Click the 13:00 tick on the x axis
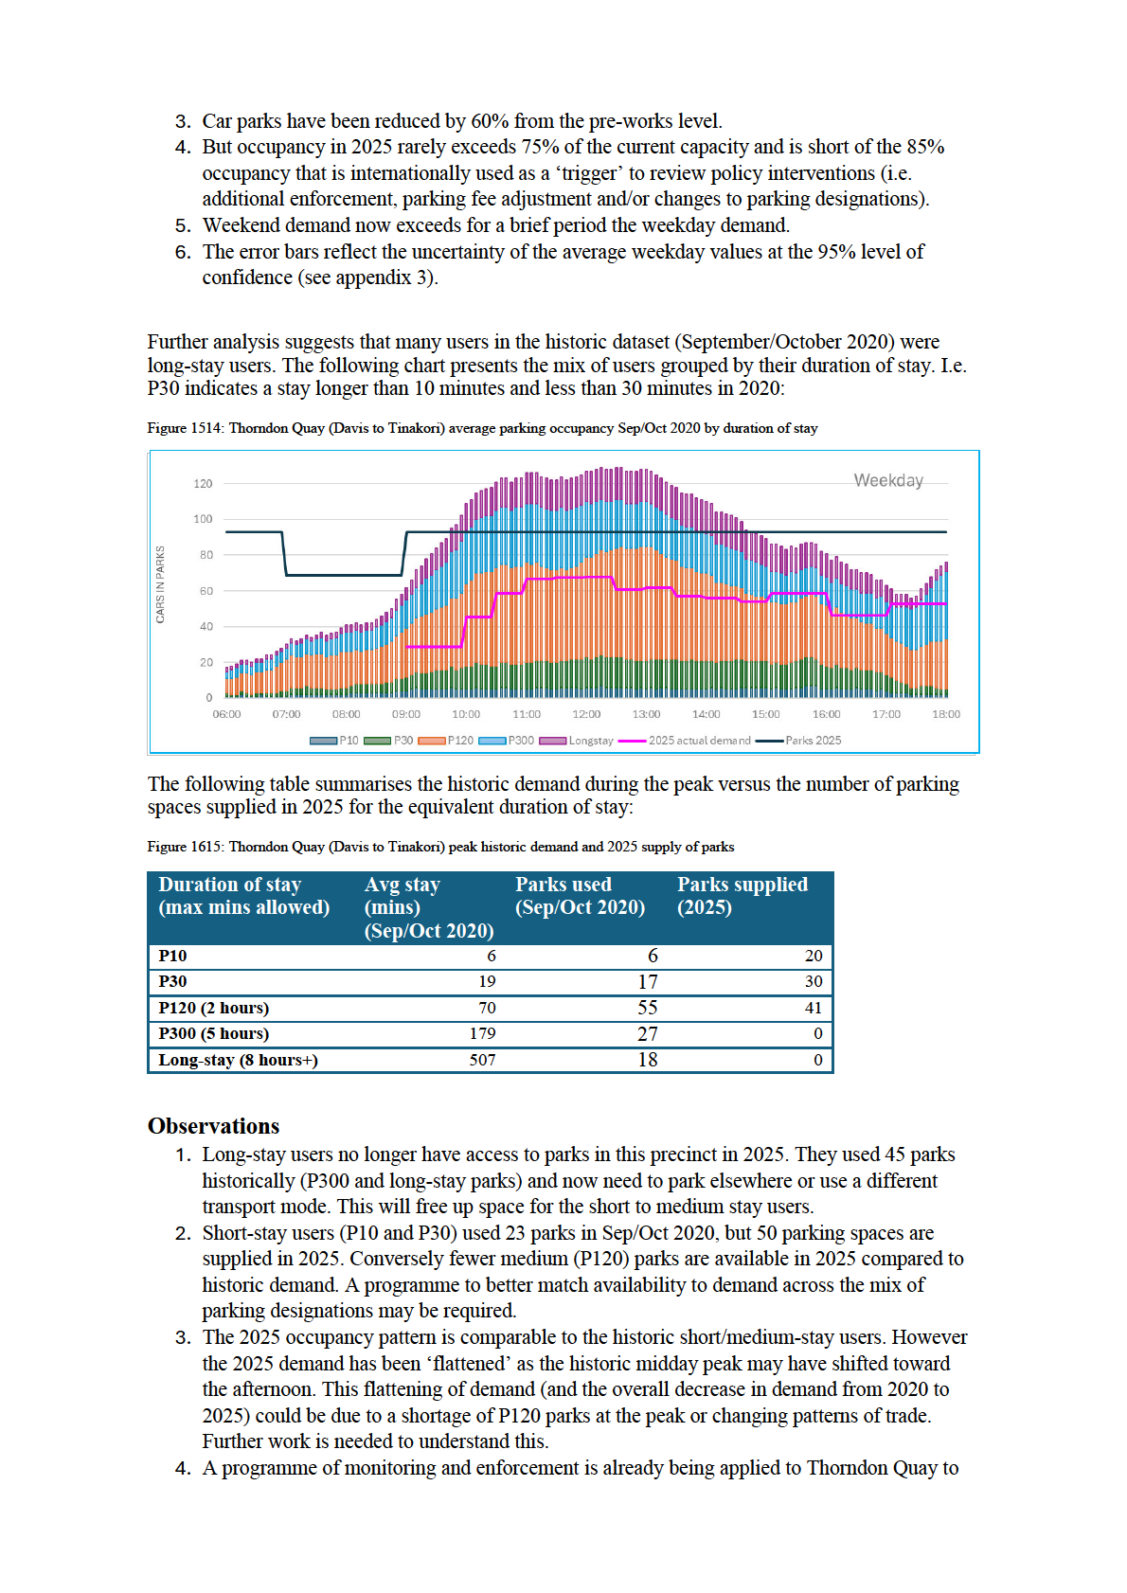click(646, 714)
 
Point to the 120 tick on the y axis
click(203, 484)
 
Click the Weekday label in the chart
click(887, 481)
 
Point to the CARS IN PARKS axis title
click(160, 584)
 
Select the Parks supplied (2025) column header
click(742, 896)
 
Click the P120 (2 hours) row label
click(214, 1008)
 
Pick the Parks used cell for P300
click(647, 1034)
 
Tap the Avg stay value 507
click(482, 1060)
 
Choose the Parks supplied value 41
click(813, 1008)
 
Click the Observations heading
click(214, 1126)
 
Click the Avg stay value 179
click(482, 1034)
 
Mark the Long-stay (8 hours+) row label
click(238, 1060)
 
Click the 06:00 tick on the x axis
click(226, 714)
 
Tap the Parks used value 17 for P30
click(647, 982)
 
